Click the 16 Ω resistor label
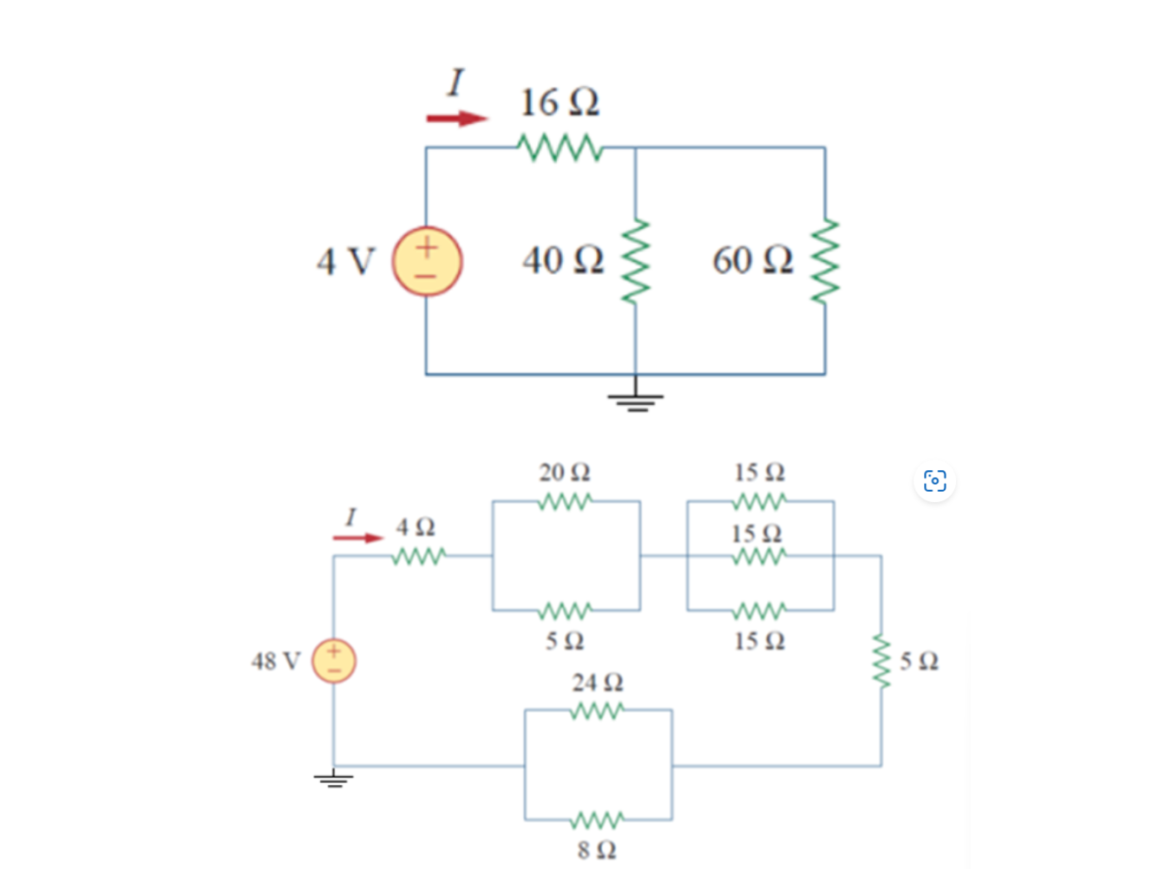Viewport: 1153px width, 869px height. [x=560, y=102]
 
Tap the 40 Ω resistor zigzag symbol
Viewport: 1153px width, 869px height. [x=636, y=261]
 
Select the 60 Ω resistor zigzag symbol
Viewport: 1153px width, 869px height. [x=825, y=261]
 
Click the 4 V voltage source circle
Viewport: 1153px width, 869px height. [x=427, y=261]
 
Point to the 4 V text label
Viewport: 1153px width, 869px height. [x=345, y=261]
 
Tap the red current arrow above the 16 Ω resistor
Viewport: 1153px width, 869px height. [x=456, y=119]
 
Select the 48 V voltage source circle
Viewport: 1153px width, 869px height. [x=334, y=661]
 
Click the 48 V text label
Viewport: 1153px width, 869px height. [x=275, y=662]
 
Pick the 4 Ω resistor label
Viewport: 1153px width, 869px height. [x=416, y=527]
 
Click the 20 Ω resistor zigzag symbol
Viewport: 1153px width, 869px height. [x=565, y=501]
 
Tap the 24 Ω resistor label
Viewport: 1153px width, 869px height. [x=597, y=683]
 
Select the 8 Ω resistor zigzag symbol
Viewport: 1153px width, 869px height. [x=597, y=820]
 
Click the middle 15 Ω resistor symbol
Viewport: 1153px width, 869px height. [x=759, y=556]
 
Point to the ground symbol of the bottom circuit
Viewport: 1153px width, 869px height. [x=334, y=778]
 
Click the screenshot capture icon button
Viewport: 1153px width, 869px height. [x=934, y=480]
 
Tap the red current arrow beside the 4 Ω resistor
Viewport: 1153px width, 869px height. [x=357, y=539]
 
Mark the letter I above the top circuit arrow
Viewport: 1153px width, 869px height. [x=455, y=83]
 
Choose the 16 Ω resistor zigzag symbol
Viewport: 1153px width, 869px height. [x=560, y=147]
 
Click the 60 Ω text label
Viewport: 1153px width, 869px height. [x=752, y=260]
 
